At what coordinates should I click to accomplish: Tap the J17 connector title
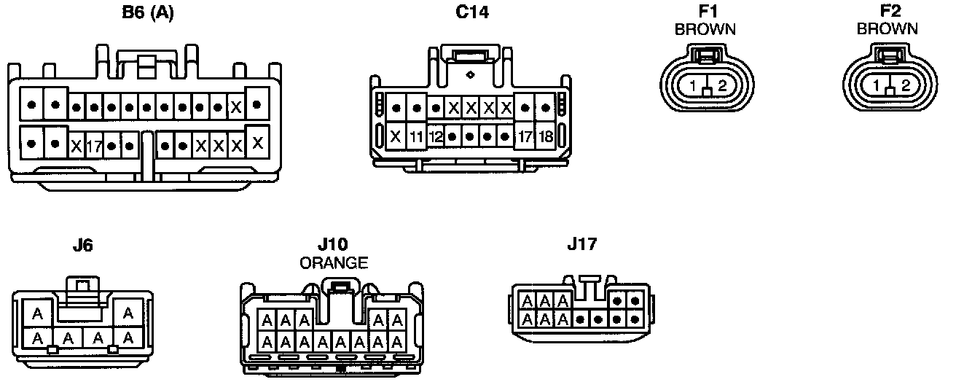pyautogui.click(x=581, y=245)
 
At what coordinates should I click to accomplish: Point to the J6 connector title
pyautogui.click(x=82, y=246)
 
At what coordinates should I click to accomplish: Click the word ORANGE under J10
pyautogui.click(x=334, y=263)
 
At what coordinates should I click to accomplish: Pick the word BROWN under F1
pyautogui.click(x=705, y=30)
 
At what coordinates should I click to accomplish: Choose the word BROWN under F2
pyautogui.click(x=887, y=29)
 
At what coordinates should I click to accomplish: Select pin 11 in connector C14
pyautogui.click(x=416, y=136)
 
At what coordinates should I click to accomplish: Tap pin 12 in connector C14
pyautogui.click(x=435, y=136)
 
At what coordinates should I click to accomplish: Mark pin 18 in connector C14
pyautogui.click(x=545, y=136)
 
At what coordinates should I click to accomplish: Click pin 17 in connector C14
pyautogui.click(x=525, y=136)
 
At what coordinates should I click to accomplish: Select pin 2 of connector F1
pyautogui.click(x=722, y=86)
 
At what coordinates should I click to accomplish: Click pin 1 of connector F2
pyautogui.click(x=874, y=86)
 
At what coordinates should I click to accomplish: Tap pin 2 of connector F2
pyautogui.click(x=905, y=86)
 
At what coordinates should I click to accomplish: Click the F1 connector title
pyautogui.click(x=705, y=12)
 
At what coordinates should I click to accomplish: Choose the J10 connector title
pyautogui.click(x=333, y=245)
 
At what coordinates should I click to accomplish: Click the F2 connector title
pyautogui.click(x=887, y=12)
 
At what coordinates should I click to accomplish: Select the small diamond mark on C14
pyautogui.click(x=471, y=74)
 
